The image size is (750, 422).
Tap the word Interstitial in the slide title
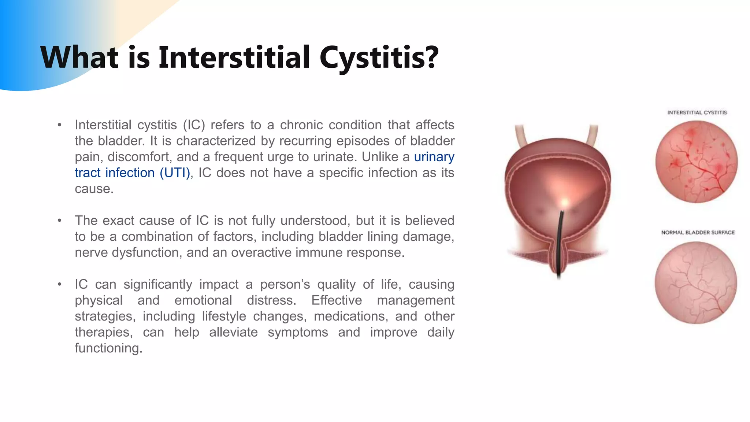pyautogui.click(x=234, y=57)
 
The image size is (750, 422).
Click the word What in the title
pyautogui.click(x=79, y=57)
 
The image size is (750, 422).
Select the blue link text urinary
pyautogui.click(x=434, y=157)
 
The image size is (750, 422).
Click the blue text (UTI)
pyautogui.click(x=175, y=173)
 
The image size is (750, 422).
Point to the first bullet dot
pyautogui.click(x=59, y=125)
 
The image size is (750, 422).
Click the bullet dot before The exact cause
pyautogui.click(x=59, y=221)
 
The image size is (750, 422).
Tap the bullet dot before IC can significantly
pyautogui.click(x=59, y=285)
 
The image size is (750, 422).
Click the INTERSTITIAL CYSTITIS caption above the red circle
pyautogui.click(x=697, y=112)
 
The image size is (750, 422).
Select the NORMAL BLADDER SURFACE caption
pyautogui.click(x=698, y=232)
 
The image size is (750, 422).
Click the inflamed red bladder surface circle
pyautogui.click(x=696, y=162)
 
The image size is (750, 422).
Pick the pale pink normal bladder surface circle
pyautogui.click(x=696, y=282)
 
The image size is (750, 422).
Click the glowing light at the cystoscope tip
pyautogui.click(x=565, y=202)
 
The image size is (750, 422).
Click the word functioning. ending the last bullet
pyautogui.click(x=108, y=348)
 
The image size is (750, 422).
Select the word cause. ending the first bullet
pyautogui.click(x=94, y=189)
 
